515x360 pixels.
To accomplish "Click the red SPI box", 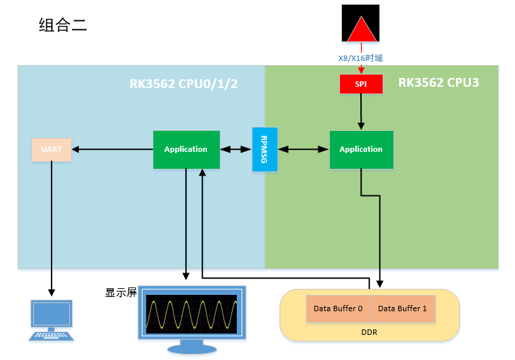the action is (x=361, y=84).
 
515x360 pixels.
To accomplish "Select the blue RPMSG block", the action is (x=265, y=149).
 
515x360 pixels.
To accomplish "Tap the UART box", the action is (x=52, y=150).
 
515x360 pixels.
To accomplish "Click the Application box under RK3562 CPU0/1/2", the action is (x=186, y=150).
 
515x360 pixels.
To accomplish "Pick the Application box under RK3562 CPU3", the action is (x=361, y=150).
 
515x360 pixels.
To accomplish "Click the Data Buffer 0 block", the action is (x=339, y=308).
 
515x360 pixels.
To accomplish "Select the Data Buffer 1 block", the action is (x=403, y=308).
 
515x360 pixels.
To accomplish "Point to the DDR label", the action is (x=369, y=332).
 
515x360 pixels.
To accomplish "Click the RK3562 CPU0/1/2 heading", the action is (x=184, y=84).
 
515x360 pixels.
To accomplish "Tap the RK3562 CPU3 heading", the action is (x=438, y=83).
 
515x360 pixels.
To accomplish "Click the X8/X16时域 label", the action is (x=360, y=58).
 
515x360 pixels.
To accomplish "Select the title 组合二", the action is (x=62, y=25).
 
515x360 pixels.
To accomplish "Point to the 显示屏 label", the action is (x=121, y=292).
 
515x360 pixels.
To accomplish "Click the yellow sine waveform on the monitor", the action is (x=191, y=315).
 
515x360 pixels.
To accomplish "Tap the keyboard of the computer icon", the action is (x=52, y=336).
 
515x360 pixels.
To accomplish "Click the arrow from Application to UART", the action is (x=113, y=149).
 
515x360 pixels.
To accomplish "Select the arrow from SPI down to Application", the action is (x=361, y=112).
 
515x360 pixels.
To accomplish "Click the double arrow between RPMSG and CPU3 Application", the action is (x=303, y=149).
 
